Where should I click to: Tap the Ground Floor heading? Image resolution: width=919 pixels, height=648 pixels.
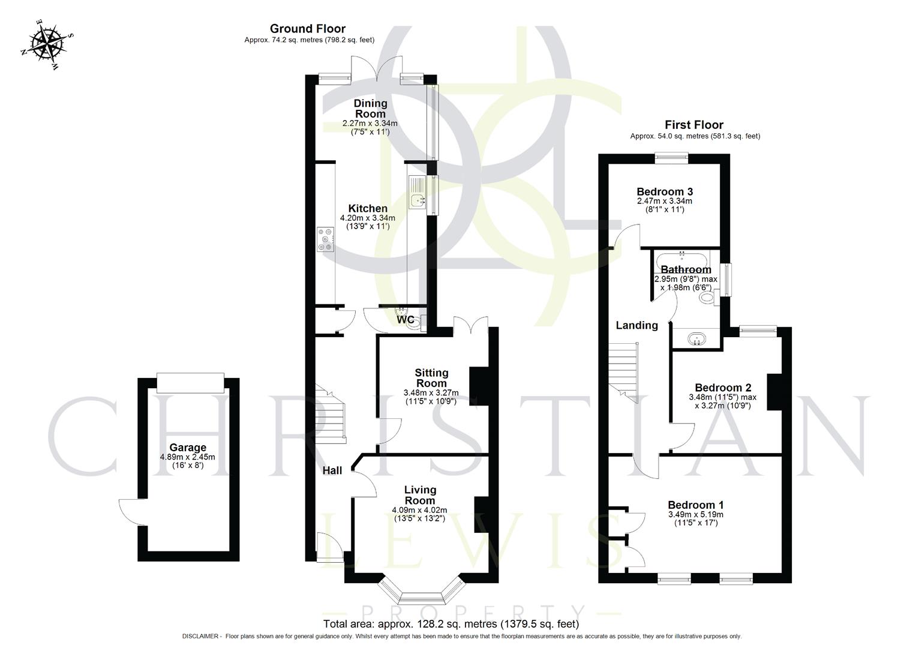[307, 28]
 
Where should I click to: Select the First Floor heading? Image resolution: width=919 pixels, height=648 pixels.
[694, 125]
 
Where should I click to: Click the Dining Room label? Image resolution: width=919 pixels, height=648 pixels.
[370, 109]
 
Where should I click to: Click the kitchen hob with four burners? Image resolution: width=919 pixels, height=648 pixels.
[326, 239]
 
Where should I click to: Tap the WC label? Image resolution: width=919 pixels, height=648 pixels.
[406, 320]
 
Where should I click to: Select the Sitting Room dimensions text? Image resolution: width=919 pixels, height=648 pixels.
[431, 397]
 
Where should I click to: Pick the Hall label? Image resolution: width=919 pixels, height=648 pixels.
[332, 470]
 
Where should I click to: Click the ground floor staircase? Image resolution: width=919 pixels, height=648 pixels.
[332, 415]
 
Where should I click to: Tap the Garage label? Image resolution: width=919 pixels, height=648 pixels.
[188, 448]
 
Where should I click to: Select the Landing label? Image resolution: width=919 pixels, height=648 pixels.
[636, 325]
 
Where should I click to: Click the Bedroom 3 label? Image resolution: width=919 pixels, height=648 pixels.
[665, 191]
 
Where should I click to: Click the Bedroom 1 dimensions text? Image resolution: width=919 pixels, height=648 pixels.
[695, 519]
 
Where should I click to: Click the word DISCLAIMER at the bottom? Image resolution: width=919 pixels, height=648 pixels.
[202, 636]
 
